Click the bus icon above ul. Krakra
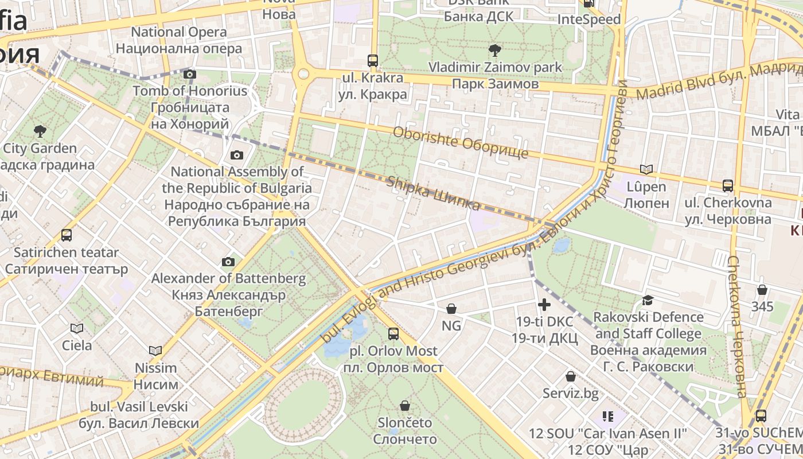tap(373, 60)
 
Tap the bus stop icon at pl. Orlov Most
tap(393, 333)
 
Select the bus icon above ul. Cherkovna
tap(728, 185)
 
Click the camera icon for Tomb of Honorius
tap(190, 74)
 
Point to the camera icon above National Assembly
tap(236, 155)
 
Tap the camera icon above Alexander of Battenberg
tap(228, 262)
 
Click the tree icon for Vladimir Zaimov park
tap(494, 50)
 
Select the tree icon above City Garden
tap(40, 131)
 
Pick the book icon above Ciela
tap(76, 328)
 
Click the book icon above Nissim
tap(155, 351)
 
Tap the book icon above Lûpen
tap(646, 169)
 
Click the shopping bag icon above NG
tap(451, 309)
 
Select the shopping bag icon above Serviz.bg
tap(571, 376)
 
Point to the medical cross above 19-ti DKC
tap(544, 304)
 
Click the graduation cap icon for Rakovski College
tap(648, 300)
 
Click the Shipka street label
tap(434, 193)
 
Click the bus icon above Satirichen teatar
tap(67, 235)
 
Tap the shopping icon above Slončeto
tap(405, 406)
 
